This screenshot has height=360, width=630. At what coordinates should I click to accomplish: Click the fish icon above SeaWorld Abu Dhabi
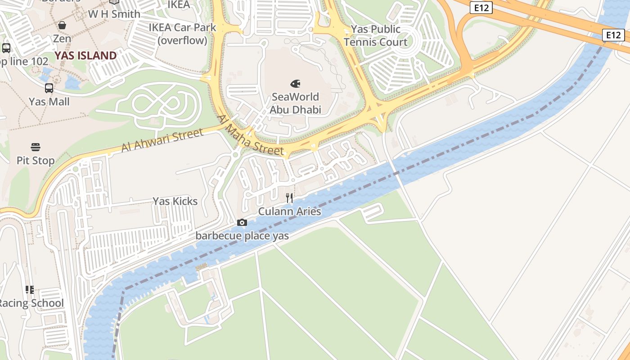coord(295,84)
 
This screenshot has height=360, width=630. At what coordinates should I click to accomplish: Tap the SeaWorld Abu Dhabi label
coord(295,103)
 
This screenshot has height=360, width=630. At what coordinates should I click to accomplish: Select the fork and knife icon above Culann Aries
coord(289,198)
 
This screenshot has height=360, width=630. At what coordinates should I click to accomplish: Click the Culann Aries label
coord(289,211)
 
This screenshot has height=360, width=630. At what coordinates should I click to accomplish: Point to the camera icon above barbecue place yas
coord(242,222)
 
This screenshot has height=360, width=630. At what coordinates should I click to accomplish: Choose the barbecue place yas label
coord(242,235)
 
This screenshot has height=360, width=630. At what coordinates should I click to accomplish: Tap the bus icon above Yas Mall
coord(49,88)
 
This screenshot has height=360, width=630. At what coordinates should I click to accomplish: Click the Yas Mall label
coord(49,102)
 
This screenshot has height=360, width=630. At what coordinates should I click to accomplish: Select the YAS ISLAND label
coord(85,56)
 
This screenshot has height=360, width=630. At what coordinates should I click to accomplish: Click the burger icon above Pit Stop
coord(36,147)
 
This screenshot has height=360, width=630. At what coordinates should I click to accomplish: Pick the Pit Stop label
coord(36,160)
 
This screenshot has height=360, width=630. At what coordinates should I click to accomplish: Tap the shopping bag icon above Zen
coord(62,25)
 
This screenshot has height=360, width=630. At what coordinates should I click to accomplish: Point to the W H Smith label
coord(114,14)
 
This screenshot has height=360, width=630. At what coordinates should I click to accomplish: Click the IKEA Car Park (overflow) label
coord(182,34)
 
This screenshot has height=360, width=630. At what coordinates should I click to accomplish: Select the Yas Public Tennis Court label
coord(375,36)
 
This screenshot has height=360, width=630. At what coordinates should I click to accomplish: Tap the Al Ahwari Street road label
coord(162,140)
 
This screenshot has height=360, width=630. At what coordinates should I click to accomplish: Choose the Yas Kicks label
coord(175,201)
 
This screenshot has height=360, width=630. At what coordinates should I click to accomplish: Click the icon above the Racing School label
coord(29,289)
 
